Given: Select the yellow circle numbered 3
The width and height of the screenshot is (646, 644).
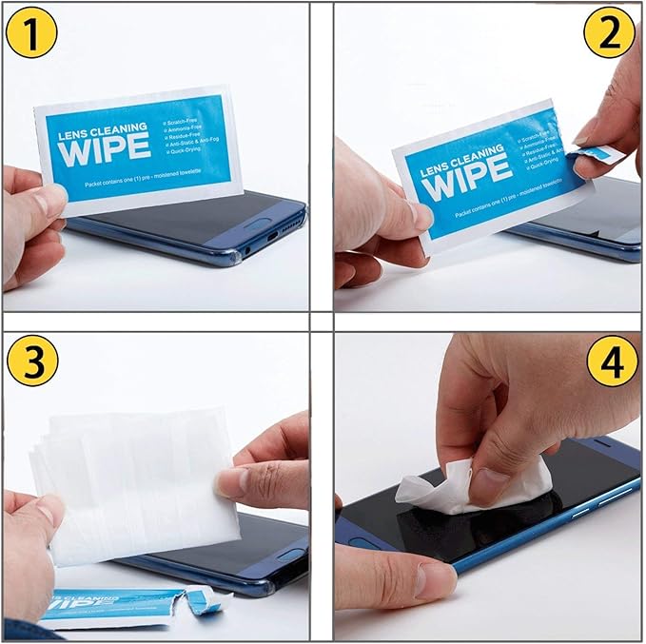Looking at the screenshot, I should [30, 362].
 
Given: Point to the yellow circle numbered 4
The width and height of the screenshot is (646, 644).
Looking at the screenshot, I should [613, 364].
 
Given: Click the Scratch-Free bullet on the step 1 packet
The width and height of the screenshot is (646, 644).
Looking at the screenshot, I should [186, 122].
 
